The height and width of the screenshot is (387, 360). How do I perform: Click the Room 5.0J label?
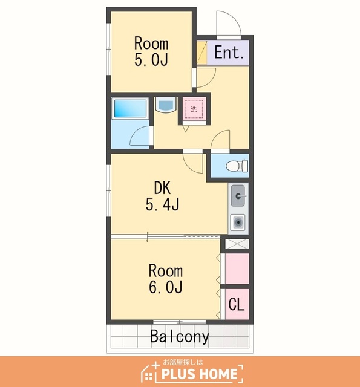point(151,51)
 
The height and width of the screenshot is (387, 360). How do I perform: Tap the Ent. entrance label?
point(229,53)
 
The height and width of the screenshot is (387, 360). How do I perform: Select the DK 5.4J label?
point(162,196)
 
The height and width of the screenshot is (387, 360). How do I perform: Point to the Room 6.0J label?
point(165,279)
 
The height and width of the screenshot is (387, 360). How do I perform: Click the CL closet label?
point(237,304)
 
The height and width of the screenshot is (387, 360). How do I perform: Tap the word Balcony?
point(180,336)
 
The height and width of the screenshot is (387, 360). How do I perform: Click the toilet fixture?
point(237,166)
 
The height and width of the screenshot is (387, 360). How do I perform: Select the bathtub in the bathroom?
point(130,108)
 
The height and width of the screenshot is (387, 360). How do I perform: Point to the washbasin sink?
point(166,105)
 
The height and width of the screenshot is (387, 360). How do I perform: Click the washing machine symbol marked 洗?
point(194,109)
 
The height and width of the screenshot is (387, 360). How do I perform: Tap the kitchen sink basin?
point(238,196)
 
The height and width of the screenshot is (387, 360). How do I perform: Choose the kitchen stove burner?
point(238,223)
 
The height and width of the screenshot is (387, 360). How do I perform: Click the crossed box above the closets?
point(237,244)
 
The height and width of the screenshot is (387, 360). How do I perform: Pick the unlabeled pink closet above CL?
point(237,268)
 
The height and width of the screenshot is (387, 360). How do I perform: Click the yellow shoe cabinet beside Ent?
point(202,53)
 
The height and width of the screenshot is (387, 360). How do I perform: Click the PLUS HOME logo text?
point(199,374)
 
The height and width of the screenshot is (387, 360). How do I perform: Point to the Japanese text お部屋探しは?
point(183,362)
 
